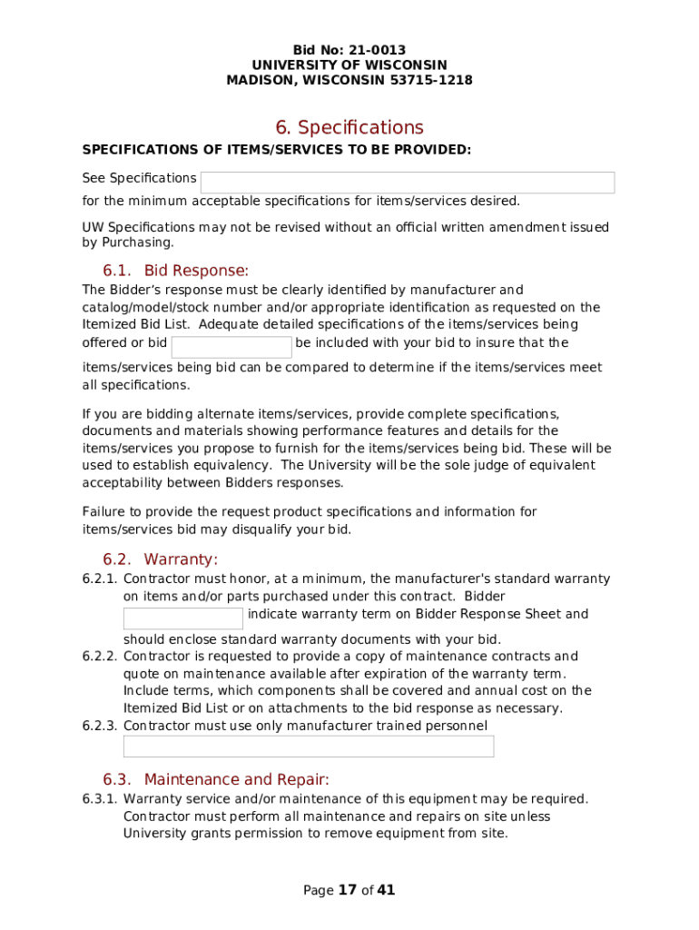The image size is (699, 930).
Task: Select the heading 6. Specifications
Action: [x=349, y=127]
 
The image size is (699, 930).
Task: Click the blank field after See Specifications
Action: [x=408, y=183]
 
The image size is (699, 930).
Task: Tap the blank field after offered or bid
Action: [x=231, y=347]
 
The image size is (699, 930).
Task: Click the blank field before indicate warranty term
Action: [x=183, y=618]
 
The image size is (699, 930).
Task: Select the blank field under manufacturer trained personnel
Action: [x=309, y=747]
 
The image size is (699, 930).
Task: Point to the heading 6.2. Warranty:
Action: [x=161, y=559]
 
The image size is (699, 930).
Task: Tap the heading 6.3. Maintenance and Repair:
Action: [x=216, y=779]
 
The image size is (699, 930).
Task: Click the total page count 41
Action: [x=386, y=890]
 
